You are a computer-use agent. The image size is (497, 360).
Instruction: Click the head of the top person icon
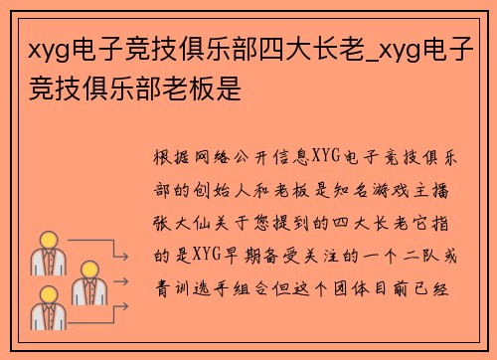click(x=47, y=240)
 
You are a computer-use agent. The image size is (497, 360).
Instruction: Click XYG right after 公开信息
click(x=328, y=157)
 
